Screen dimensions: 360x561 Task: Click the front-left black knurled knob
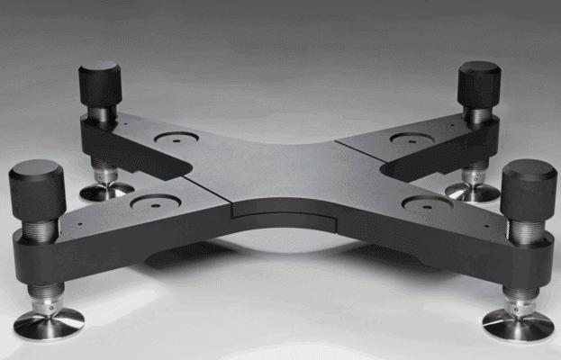pyautogui.click(x=36, y=188)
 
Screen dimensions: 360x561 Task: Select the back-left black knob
pyautogui.click(x=100, y=83)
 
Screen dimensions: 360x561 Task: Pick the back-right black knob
pyautogui.click(x=478, y=84)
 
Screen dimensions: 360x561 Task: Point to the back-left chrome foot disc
pyautogui.click(x=106, y=191)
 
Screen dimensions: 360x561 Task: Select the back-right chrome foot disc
pyautogui.click(x=472, y=192)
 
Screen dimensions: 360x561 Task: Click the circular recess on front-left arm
pyautogui.click(x=154, y=203)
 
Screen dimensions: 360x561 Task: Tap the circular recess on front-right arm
pyautogui.click(x=426, y=204)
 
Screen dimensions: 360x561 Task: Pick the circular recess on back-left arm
pyautogui.click(x=176, y=139)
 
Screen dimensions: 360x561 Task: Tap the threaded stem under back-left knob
pyautogui.click(x=102, y=114)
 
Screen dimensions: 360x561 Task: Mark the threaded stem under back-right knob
pyautogui.click(x=477, y=115)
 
